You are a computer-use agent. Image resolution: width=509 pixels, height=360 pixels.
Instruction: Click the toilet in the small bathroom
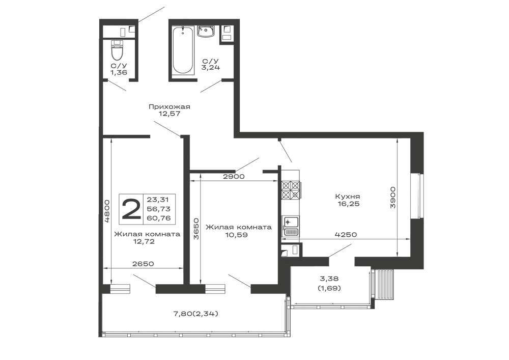(x=117, y=50)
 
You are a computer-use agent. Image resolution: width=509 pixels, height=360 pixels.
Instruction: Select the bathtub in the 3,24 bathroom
(x=183, y=51)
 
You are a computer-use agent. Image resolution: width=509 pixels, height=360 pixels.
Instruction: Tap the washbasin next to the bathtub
(x=206, y=32)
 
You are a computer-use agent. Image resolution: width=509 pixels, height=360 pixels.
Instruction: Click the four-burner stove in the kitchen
(x=291, y=189)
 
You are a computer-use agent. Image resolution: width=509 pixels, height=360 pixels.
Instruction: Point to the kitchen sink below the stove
(x=291, y=226)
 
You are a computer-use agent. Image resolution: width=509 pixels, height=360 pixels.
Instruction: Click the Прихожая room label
(x=169, y=106)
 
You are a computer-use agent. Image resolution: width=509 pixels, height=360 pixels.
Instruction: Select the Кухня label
(x=347, y=197)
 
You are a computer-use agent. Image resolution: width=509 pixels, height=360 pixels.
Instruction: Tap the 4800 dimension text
(x=107, y=211)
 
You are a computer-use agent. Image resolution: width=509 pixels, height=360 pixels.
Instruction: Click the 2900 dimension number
(x=234, y=177)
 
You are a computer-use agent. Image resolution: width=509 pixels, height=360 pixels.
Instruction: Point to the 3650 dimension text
(x=196, y=229)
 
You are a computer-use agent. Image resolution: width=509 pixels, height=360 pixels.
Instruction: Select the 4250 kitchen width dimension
(x=346, y=234)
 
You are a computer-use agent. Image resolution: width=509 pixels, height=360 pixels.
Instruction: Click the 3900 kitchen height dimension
(x=393, y=197)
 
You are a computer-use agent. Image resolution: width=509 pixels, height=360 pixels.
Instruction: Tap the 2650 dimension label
(x=143, y=264)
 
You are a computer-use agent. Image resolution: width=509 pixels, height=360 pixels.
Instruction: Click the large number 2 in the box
(x=131, y=209)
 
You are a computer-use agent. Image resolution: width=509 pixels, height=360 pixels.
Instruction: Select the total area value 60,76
(x=159, y=218)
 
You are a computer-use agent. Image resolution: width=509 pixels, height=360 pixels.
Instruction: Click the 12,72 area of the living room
(x=143, y=241)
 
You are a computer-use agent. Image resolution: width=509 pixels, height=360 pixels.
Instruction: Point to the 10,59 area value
(x=236, y=234)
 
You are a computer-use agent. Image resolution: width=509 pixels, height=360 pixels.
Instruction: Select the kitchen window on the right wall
(x=417, y=196)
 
